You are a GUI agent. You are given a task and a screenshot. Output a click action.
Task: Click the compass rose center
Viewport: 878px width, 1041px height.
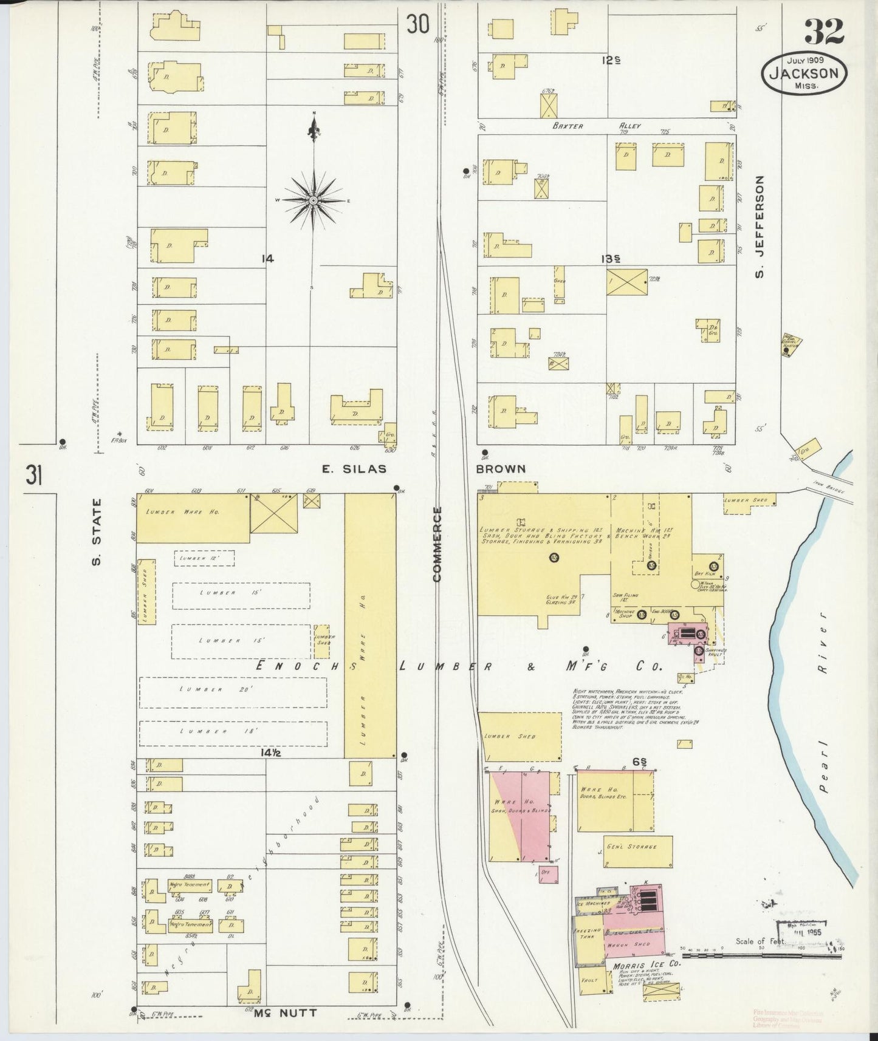(313, 200)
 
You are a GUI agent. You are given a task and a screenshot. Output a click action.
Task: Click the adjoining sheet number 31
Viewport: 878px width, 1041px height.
(34, 475)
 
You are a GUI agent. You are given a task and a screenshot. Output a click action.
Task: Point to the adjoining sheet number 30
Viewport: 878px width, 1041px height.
(418, 24)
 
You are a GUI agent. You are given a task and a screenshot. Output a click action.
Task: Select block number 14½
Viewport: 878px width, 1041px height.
(267, 753)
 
